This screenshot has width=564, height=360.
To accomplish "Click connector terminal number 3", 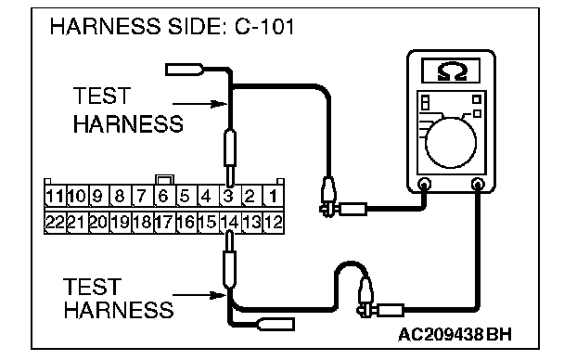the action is (229, 197).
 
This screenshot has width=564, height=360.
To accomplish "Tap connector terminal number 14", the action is (231, 223).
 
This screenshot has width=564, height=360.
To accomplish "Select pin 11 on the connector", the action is (55, 197).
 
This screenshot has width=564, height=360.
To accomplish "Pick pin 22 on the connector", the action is (55, 223).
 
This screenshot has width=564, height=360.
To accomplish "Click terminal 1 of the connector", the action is (274, 197).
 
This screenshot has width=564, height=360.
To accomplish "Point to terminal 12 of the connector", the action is (274, 223).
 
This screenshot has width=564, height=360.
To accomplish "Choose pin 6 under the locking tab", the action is (164, 197).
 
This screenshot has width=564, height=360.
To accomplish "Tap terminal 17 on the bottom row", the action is (164, 223).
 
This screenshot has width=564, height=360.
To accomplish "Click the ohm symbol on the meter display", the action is (452, 71).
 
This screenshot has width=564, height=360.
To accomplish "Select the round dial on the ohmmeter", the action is (450, 143).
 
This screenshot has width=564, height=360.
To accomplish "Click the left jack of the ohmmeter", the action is (425, 185).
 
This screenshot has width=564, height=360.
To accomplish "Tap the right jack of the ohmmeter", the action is (478, 185).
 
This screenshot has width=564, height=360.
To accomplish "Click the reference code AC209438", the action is (441, 334).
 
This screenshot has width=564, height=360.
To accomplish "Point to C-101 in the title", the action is (264, 27).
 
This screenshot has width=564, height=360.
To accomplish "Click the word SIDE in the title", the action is (196, 27).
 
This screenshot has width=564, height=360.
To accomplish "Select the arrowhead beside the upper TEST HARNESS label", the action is (220, 104).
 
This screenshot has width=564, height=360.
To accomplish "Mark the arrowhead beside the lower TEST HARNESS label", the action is (219, 296).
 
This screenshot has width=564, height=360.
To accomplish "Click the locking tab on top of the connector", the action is (164, 180).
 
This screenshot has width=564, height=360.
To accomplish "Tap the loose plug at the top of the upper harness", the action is (185, 70).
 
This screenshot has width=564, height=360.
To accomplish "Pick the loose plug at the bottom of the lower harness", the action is (276, 324).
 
